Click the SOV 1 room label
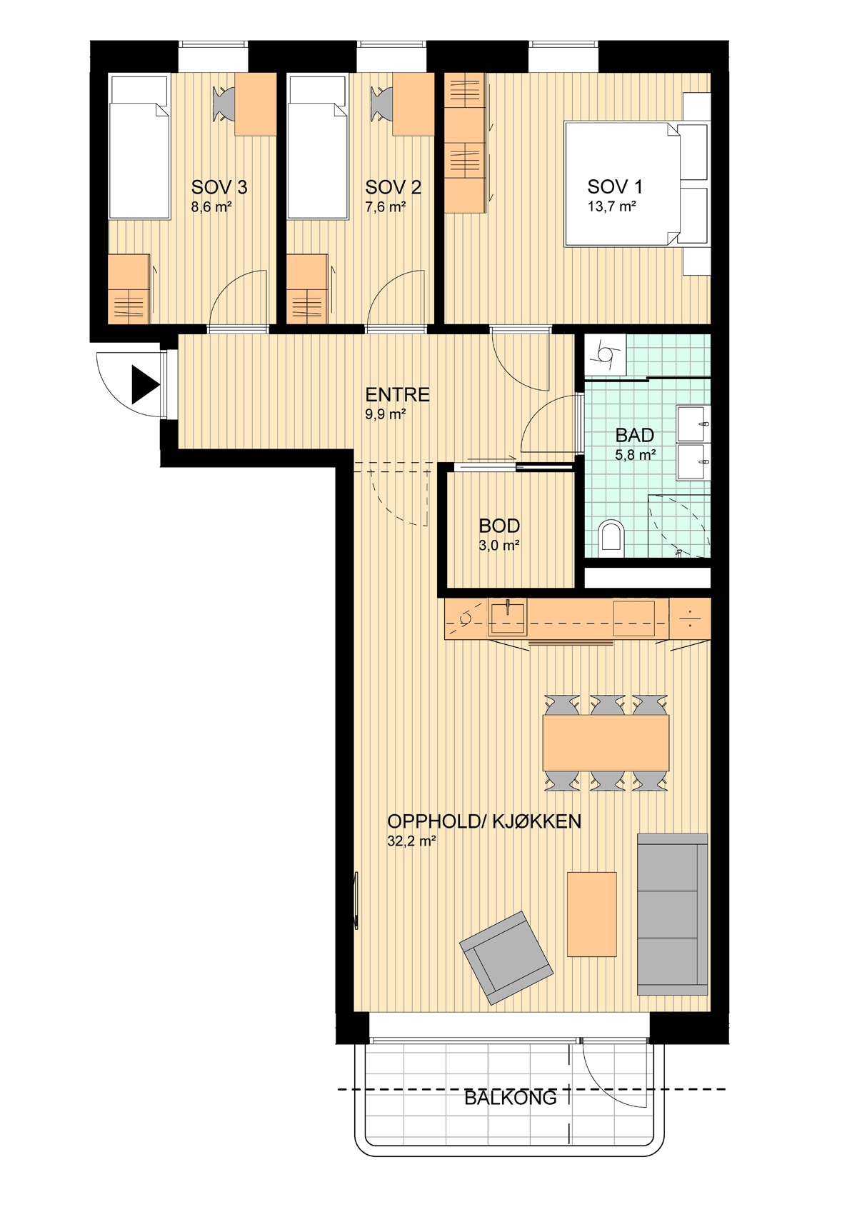coord(615,186)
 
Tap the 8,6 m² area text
coord(211,206)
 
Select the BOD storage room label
coord(499,526)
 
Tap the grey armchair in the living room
coord(506,958)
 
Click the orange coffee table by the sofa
coord(592,914)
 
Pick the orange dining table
coord(606,743)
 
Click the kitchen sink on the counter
coord(508,617)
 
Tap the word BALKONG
coord(510,1097)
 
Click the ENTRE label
coord(397,394)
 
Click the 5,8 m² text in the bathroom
coord(635,454)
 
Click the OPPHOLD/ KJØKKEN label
coord(484,821)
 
